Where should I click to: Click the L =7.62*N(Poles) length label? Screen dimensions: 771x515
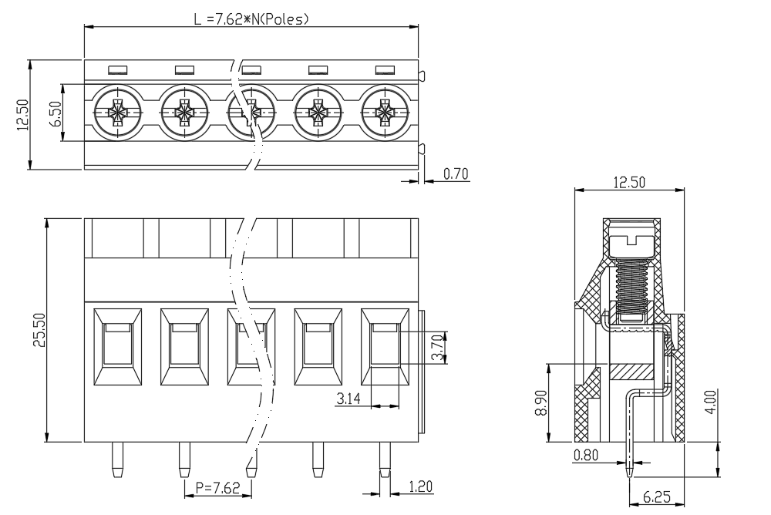251,19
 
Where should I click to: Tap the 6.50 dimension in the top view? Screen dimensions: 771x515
56,113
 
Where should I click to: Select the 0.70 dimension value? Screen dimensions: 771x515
456,173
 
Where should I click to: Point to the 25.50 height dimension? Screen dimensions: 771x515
39,329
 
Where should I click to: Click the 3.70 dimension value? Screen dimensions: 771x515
437,348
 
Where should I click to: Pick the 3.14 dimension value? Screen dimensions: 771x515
348,399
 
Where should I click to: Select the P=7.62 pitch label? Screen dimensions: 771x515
218,487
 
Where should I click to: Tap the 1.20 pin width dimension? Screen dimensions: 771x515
420,487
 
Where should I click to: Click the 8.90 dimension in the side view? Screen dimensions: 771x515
541,402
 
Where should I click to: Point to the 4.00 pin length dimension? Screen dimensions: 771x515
710,402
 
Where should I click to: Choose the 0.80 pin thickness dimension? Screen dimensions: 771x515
586,455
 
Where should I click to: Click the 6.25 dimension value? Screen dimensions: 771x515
656,496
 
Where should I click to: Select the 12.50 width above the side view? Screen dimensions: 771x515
629,183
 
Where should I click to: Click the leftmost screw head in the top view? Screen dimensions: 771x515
117,113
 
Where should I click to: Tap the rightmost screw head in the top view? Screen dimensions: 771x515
385,113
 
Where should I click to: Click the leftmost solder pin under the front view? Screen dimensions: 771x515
117,459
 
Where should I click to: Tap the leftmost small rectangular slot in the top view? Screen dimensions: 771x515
117,70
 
